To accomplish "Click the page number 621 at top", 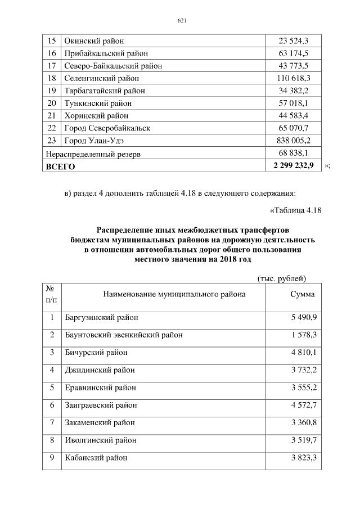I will [x=181, y=21].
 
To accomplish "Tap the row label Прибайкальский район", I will [x=106, y=53].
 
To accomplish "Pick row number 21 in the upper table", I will [x=52, y=115].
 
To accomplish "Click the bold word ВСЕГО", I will [x=60, y=166].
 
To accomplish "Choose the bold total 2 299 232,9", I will [x=293, y=166].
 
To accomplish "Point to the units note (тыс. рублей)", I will [x=281, y=278].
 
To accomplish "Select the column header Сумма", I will [x=303, y=294].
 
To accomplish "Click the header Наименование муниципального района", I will [x=174, y=294].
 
